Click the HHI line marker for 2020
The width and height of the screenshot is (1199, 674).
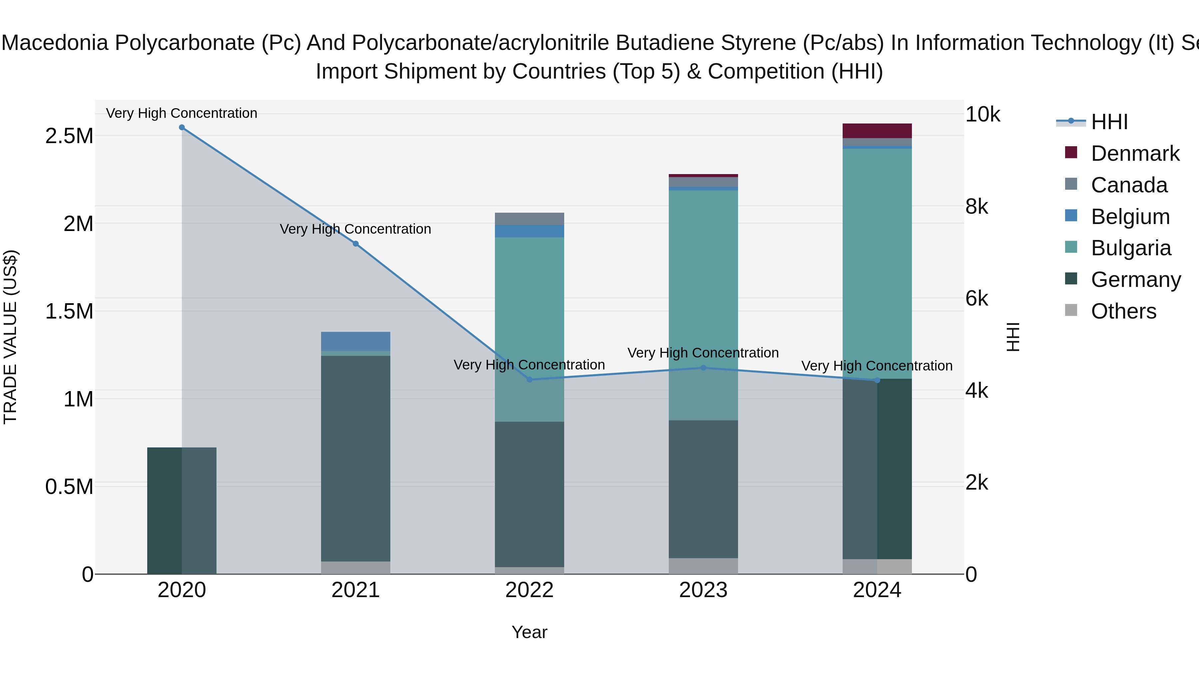pyautogui.click(x=182, y=127)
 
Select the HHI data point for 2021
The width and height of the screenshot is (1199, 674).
pyautogui.click(x=356, y=244)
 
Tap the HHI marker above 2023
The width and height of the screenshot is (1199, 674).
pyautogui.click(x=703, y=368)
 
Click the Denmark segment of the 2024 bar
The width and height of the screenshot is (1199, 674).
pyautogui.click(x=877, y=131)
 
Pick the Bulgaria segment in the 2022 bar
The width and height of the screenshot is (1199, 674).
pyautogui.click(x=529, y=326)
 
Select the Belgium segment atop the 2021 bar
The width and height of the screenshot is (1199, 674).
pyautogui.click(x=356, y=341)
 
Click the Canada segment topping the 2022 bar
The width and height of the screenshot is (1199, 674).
pyautogui.click(x=529, y=219)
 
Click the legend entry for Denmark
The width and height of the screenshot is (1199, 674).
pyautogui.click(x=1134, y=153)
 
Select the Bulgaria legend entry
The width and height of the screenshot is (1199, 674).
pyautogui.click(x=1130, y=248)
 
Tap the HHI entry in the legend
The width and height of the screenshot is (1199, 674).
pyautogui.click(x=1109, y=122)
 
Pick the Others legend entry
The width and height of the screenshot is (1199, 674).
pyautogui.click(x=1123, y=311)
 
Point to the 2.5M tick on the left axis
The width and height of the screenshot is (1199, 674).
pyautogui.click(x=69, y=136)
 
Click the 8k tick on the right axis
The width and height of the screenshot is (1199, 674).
pyautogui.click(x=977, y=206)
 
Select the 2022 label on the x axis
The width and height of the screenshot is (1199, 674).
pyautogui.click(x=529, y=590)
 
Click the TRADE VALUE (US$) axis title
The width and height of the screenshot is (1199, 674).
pyautogui.click(x=10, y=337)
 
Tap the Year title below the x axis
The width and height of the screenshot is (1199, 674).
pyautogui.click(x=529, y=632)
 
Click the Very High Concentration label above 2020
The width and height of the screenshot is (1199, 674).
pyautogui.click(x=182, y=113)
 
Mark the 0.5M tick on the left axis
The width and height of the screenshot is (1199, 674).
pyautogui.click(x=69, y=487)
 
